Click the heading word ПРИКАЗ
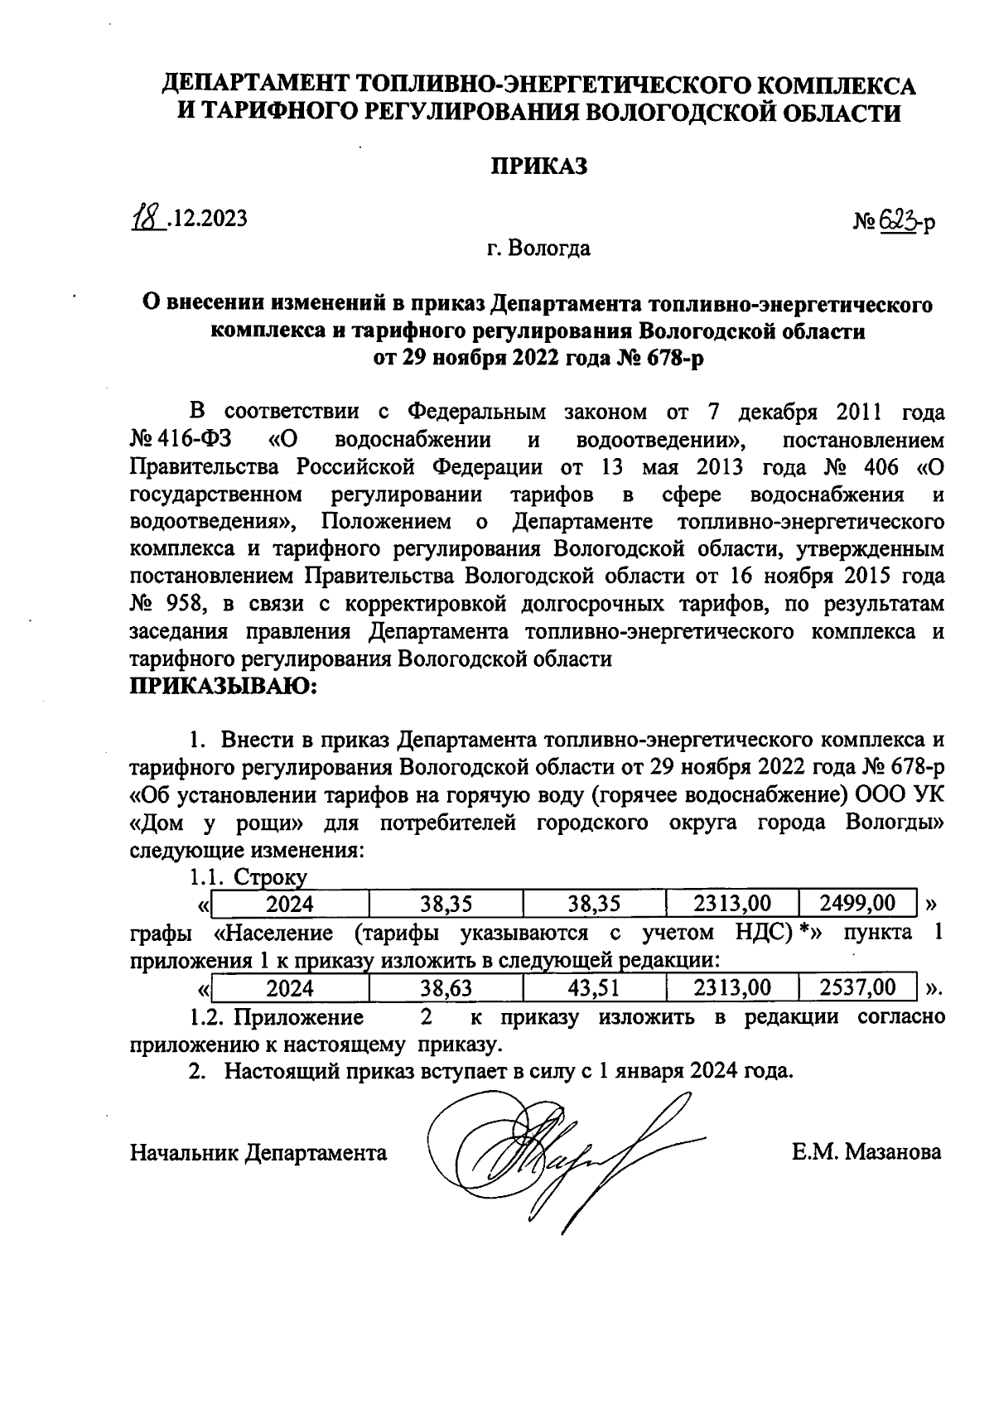(x=540, y=166)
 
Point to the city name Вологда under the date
(x=550, y=248)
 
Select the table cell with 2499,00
(x=857, y=903)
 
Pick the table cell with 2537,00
(x=857, y=987)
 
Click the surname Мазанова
(x=893, y=1152)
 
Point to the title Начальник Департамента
(x=258, y=1152)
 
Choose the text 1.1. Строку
(x=248, y=877)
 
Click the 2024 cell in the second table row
(x=290, y=987)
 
